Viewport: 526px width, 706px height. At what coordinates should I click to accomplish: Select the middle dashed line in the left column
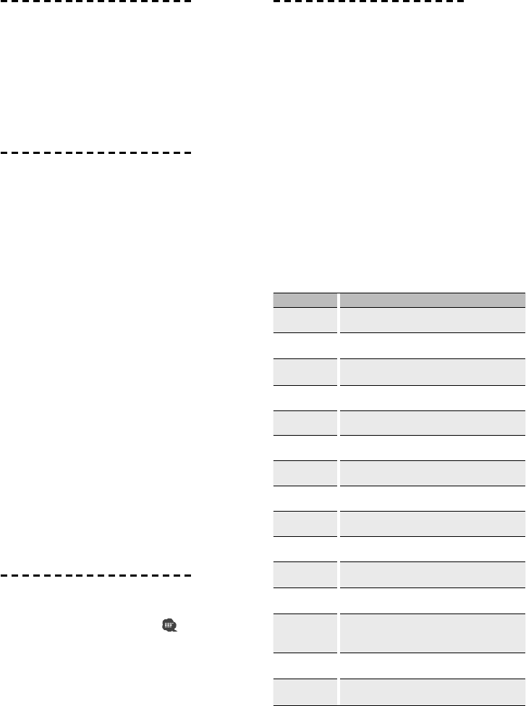(96, 153)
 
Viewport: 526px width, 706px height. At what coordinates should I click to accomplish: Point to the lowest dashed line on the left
(96, 576)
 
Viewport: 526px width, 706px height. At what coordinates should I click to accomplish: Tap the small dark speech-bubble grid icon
(170, 624)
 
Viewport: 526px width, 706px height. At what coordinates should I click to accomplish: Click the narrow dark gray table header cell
(305, 298)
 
